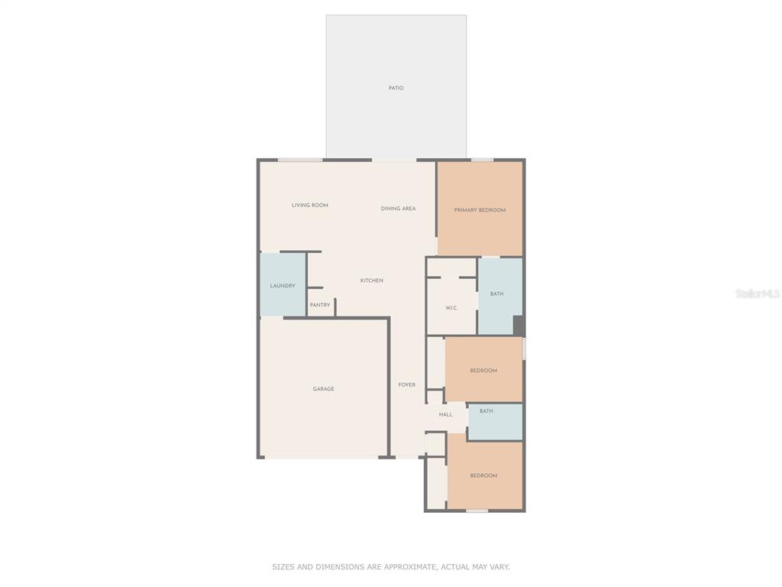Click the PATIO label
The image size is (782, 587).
pyautogui.click(x=396, y=88)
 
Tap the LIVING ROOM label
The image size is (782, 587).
pyautogui.click(x=310, y=205)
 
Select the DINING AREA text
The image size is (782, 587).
pyautogui.click(x=398, y=209)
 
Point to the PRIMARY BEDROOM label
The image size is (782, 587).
pyautogui.click(x=480, y=210)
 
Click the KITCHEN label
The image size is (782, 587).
pyautogui.click(x=372, y=281)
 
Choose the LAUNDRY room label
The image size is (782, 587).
pyautogui.click(x=283, y=286)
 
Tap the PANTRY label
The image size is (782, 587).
pyautogui.click(x=320, y=305)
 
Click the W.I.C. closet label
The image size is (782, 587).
pyautogui.click(x=451, y=308)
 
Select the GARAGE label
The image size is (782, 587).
pyautogui.click(x=323, y=389)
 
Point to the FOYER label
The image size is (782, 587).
pyautogui.click(x=406, y=385)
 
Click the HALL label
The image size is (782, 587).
pyautogui.click(x=445, y=414)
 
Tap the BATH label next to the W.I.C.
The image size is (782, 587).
pyautogui.click(x=496, y=294)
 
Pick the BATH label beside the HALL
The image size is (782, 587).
pyautogui.click(x=486, y=411)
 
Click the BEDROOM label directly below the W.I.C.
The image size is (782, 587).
pyautogui.click(x=483, y=371)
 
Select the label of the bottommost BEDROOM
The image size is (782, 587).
pyautogui.click(x=483, y=475)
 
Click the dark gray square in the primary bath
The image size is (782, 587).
pyautogui.click(x=519, y=326)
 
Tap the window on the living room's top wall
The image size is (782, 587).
pyautogui.click(x=300, y=160)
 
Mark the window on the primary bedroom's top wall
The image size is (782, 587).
pyautogui.click(x=483, y=160)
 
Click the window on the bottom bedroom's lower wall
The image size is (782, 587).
pyautogui.click(x=477, y=510)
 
